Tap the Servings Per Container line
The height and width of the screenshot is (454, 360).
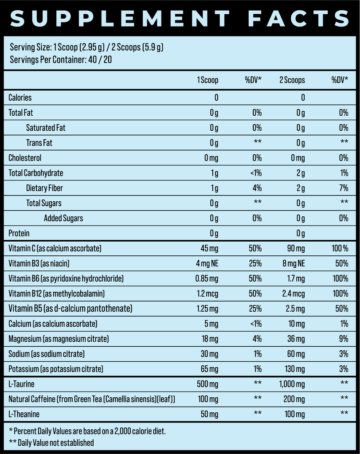click(x=60, y=59)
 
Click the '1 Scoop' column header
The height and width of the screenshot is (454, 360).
click(x=207, y=80)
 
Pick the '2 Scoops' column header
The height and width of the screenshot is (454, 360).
click(x=292, y=80)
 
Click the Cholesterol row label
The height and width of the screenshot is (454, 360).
click(x=25, y=158)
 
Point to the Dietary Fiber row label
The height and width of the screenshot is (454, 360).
click(x=44, y=188)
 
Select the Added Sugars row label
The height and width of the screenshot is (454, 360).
click(x=63, y=218)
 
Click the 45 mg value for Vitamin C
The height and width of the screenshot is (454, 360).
click(x=208, y=248)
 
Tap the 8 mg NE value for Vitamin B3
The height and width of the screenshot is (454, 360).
click(x=293, y=263)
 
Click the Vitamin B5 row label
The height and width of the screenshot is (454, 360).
click(x=70, y=308)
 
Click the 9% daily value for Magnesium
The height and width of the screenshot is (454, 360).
click(x=344, y=339)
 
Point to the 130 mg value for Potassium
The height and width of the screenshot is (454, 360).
click(x=294, y=369)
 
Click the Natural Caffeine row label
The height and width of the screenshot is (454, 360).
click(x=92, y=399)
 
